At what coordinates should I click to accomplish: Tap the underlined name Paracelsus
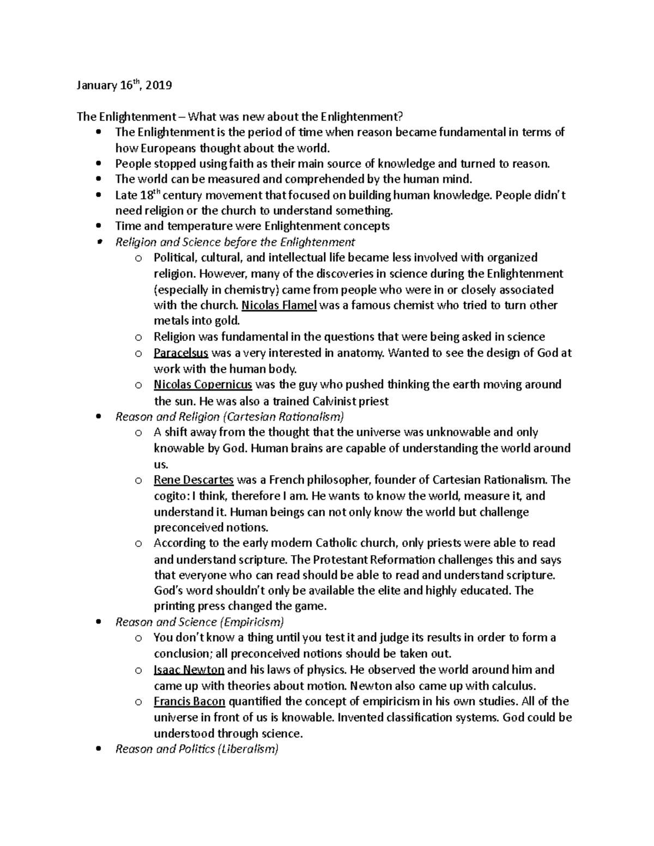tap(180, 353)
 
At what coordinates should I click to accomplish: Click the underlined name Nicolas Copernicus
tap(203, 385)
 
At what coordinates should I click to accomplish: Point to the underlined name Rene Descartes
tap(193, 480)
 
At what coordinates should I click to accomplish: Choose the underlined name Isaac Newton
tap(189, 670)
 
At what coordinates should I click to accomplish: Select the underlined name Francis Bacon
tap(189, 701)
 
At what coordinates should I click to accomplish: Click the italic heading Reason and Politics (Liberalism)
tap(197, 749)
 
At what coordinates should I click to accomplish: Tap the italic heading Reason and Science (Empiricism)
tap(199, 622)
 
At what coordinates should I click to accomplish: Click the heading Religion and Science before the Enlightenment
tap(235, 242)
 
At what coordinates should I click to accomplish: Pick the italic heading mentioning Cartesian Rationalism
tap(229, 417)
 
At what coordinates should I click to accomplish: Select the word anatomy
tap(361, 353)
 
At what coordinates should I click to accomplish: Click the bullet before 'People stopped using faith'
tap(98, 163)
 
